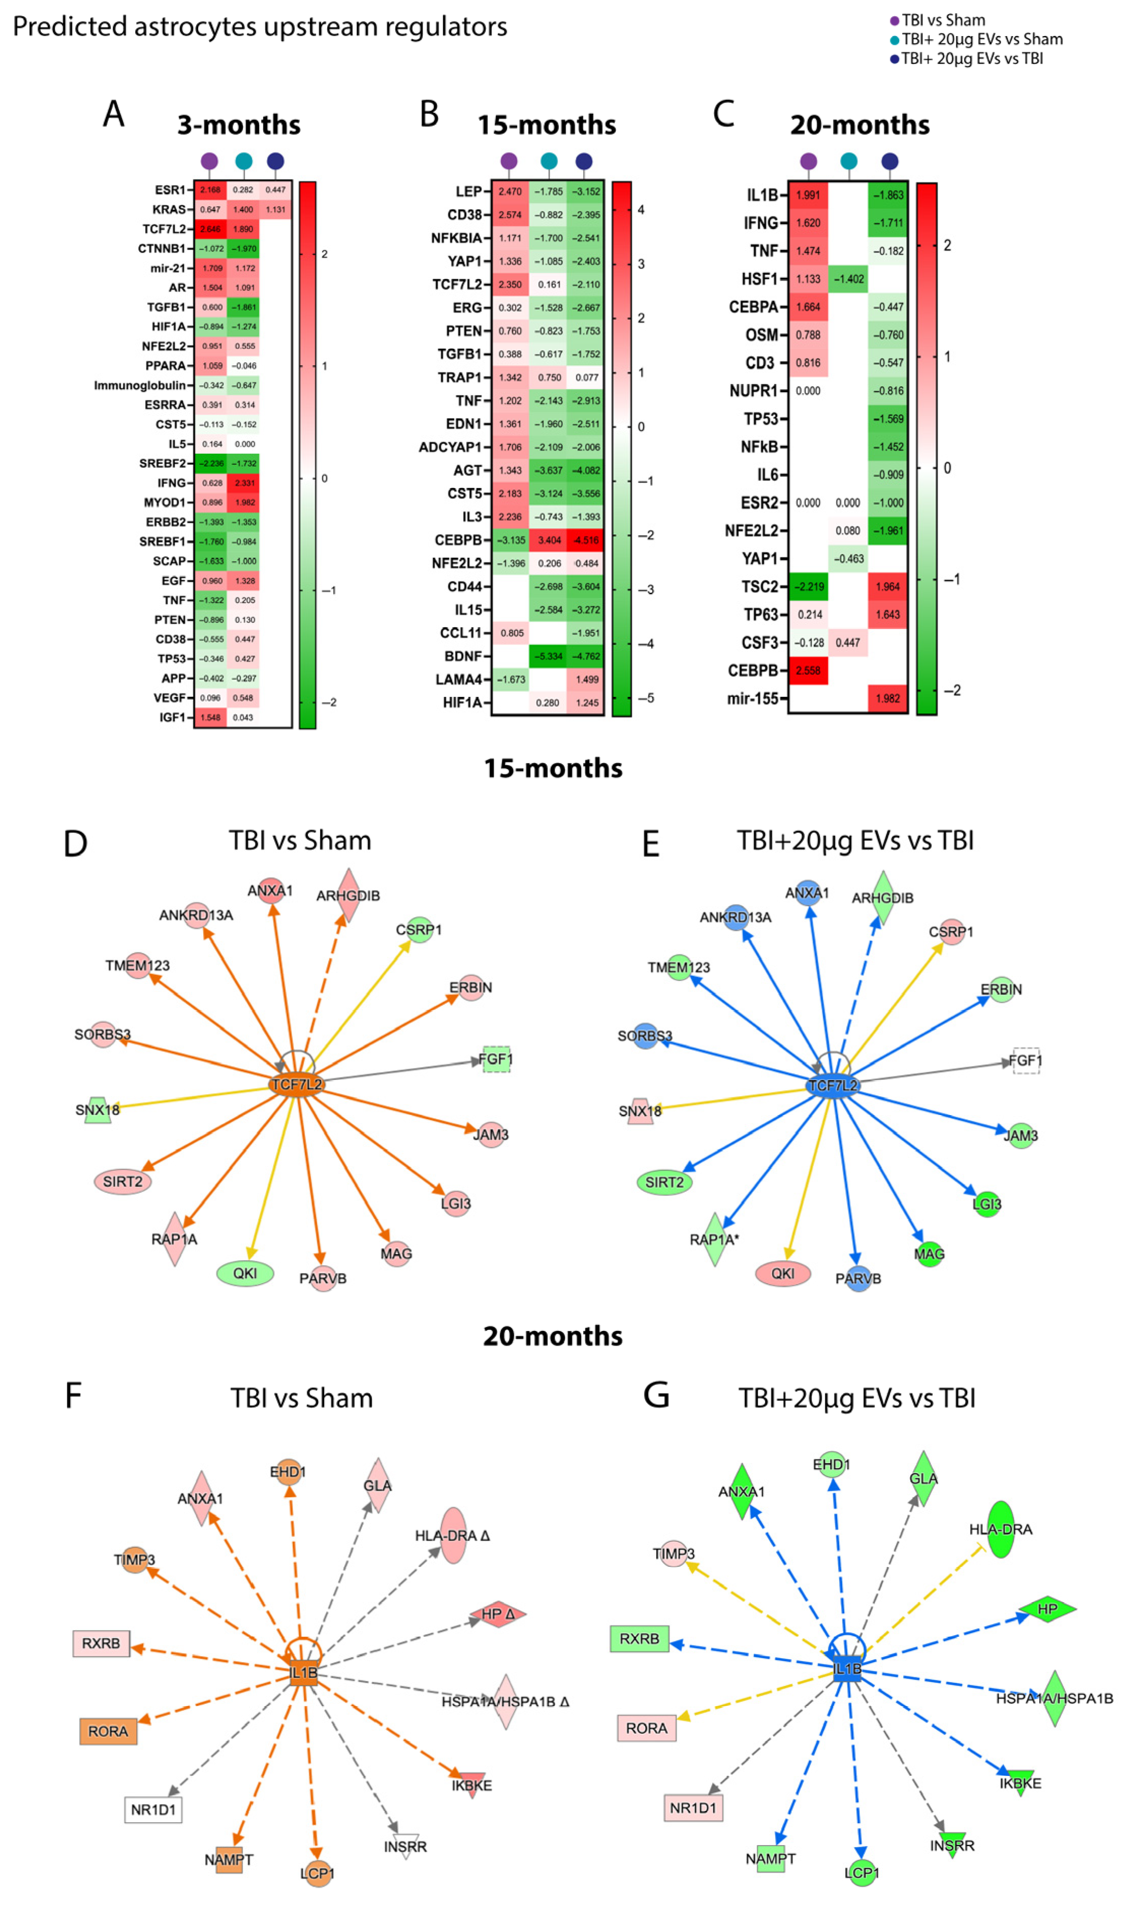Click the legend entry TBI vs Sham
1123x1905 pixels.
(942, 20)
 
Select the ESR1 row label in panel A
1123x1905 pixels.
(170, 190)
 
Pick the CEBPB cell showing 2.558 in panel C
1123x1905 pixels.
(808, 671)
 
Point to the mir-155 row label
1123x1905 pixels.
(752, 698)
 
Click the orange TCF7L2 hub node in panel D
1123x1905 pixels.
(297, 1085)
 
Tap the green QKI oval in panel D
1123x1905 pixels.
(244, 1274)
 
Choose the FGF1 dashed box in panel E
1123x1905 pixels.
(1025, 1060)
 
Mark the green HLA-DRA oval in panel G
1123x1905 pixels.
(1001, 1529)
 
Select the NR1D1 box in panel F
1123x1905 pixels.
(153, 1809)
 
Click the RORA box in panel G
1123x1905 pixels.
(646, 1728)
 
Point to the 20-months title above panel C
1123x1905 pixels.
(860, 125)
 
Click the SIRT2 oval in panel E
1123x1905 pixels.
(664, 1182)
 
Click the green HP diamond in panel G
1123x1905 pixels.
(1047, 1608)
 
